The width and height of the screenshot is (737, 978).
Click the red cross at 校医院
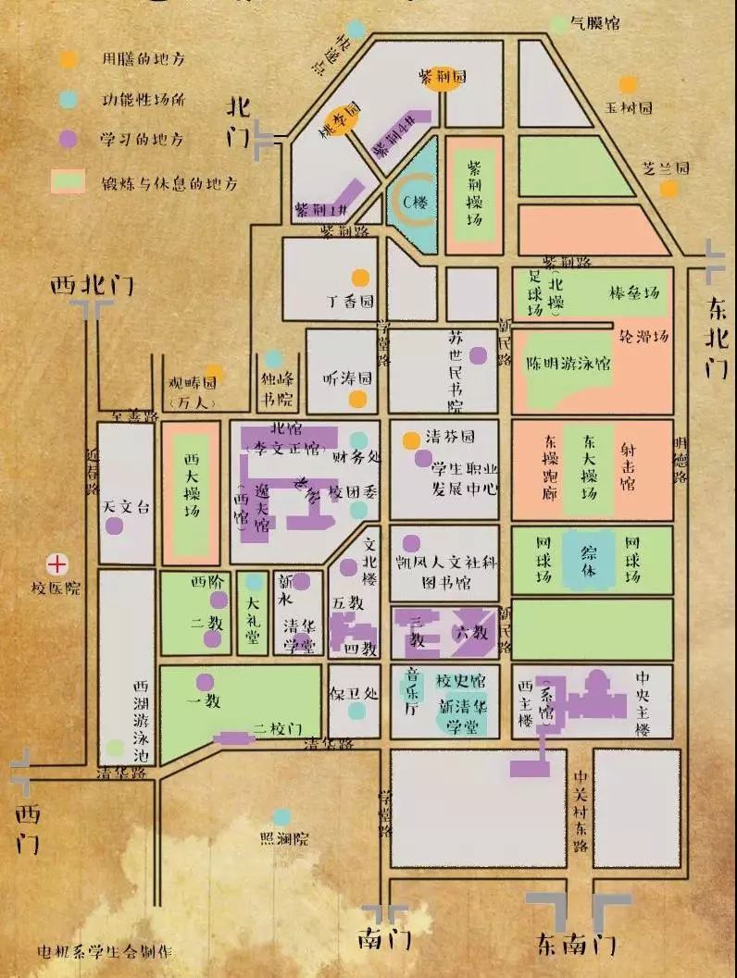tap(58, 562)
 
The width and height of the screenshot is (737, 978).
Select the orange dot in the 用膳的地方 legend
tap(67, 58)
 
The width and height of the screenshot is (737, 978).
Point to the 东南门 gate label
tap(576, 943)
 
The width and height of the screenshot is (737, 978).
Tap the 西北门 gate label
tap(91, 285)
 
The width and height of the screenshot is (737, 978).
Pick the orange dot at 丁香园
tap(359, 277)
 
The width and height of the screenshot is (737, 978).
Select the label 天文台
tap(125, 507)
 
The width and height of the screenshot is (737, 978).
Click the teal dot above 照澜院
tap(281, 817)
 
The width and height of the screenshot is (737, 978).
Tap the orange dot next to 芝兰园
tap(668, 190)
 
